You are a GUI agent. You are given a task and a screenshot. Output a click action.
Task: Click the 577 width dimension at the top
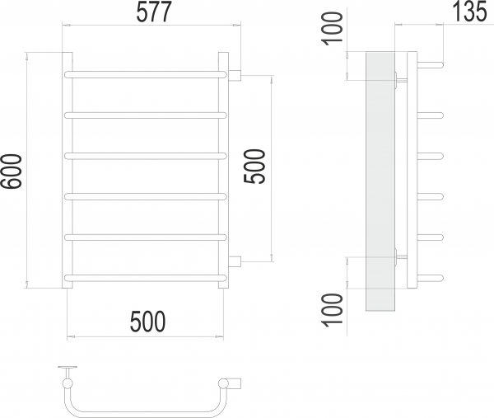click(154, 12)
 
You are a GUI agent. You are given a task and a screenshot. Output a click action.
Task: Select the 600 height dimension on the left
click(12, 171)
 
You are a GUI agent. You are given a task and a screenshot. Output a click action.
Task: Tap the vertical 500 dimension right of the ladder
click(254, 167)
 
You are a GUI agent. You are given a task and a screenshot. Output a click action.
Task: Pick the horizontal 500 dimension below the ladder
click(147, 322)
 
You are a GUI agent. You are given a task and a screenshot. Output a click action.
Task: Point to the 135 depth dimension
click(469, 12)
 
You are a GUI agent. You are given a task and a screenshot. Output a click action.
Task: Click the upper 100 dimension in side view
click(332, 29)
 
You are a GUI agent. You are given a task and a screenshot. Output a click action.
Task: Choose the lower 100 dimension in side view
click(332, 310)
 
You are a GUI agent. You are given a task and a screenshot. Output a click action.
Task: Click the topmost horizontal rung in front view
click(145, 75)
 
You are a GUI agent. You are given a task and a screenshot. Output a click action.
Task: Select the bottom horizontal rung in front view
click(145, 278)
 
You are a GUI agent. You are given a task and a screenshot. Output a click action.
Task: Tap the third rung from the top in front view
click(145, 156)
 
